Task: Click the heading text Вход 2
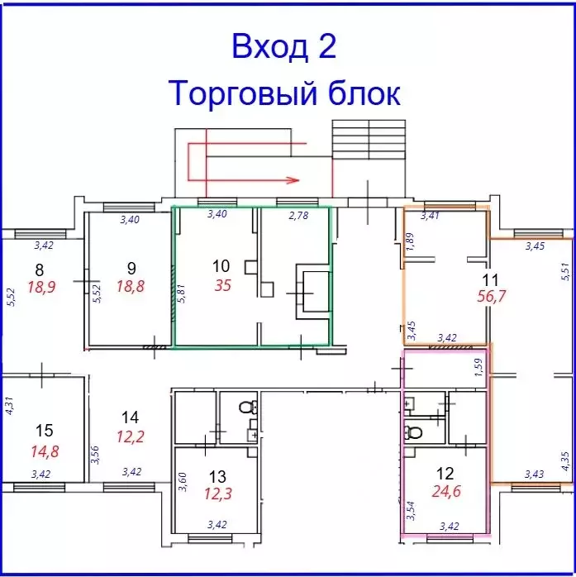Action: point(284,46)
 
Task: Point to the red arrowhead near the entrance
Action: point(291,177)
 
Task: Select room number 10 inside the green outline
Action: point(221,266)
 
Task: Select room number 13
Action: point(217,476)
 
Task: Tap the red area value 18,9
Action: point(37,285)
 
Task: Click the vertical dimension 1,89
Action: point(410,241)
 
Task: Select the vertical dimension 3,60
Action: point(183,480)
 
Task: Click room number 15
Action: point(45,430)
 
